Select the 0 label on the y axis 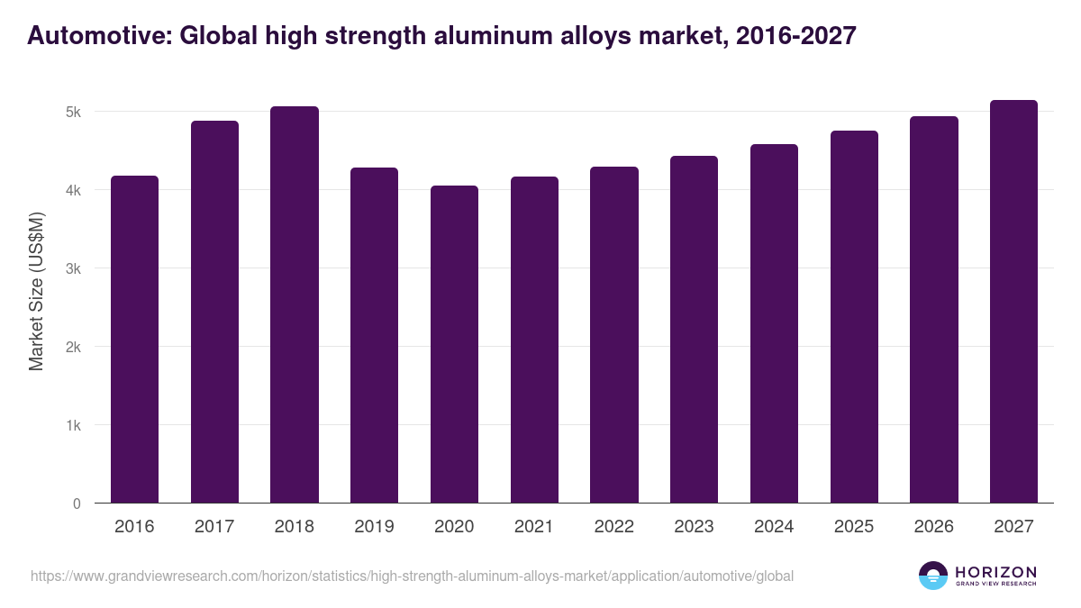pyautogui.click(x=77, y=504)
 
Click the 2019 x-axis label pyautogui.click(x=374, y=527)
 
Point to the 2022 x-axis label pyautogui.click(x=613, y=527)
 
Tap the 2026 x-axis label pyautogui.click(x=933, y=527)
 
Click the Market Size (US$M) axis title pyautogui.click(x=36, y=291)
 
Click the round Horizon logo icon pyautogui.click(x=932, y=576)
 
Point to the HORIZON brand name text pyautogui.click(x=995, y=572)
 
